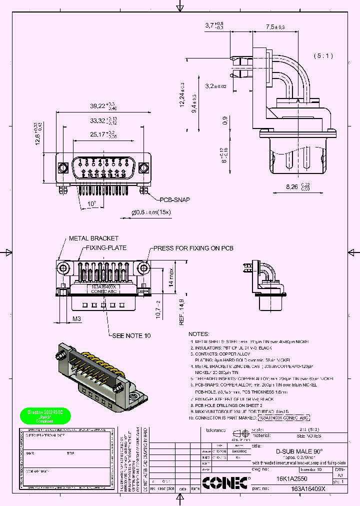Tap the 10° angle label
pos(91,204)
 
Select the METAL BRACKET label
pos(93,238)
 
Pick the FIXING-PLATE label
pos(106,248)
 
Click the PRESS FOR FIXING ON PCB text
pos(193,248)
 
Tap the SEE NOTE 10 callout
pos(131,336)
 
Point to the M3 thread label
pos(77,318)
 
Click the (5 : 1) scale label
pos(323,55)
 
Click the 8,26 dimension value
pos(293,186)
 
